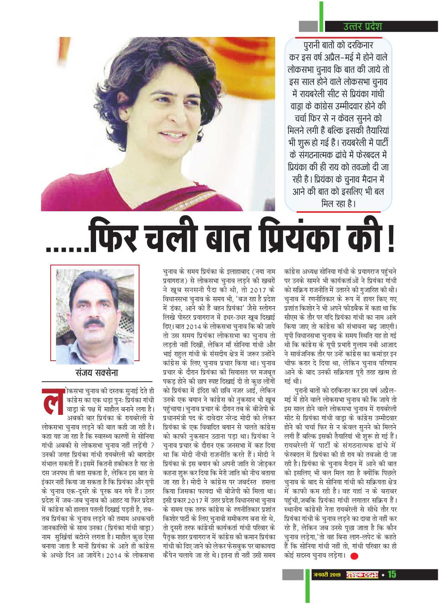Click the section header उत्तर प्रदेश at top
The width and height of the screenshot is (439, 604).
[x=362, y=26]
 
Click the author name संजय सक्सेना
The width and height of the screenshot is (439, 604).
[x=96, y=373]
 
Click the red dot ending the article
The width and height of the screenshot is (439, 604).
[x=354, y=556]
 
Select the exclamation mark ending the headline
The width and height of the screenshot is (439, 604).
[x=390, y=238]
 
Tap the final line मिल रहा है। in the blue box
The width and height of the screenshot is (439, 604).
[x=338, y=204]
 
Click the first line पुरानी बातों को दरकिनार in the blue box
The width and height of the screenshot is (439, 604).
[x=338, y=45]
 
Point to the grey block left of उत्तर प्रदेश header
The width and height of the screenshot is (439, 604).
[x=308, y=26]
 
